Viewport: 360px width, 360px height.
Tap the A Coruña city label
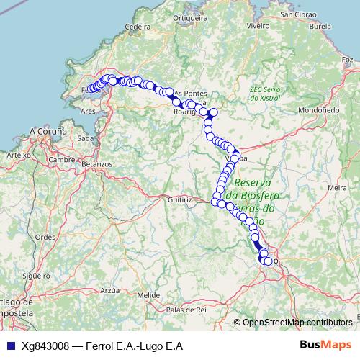click(x=48, y=132)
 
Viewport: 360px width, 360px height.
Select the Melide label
click(x=148, y=295)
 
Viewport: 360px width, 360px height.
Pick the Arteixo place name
click(x=17, y=154)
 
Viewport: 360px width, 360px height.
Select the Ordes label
click(x=45, y=236)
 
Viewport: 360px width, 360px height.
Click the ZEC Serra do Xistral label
click(x=264, y=94)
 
